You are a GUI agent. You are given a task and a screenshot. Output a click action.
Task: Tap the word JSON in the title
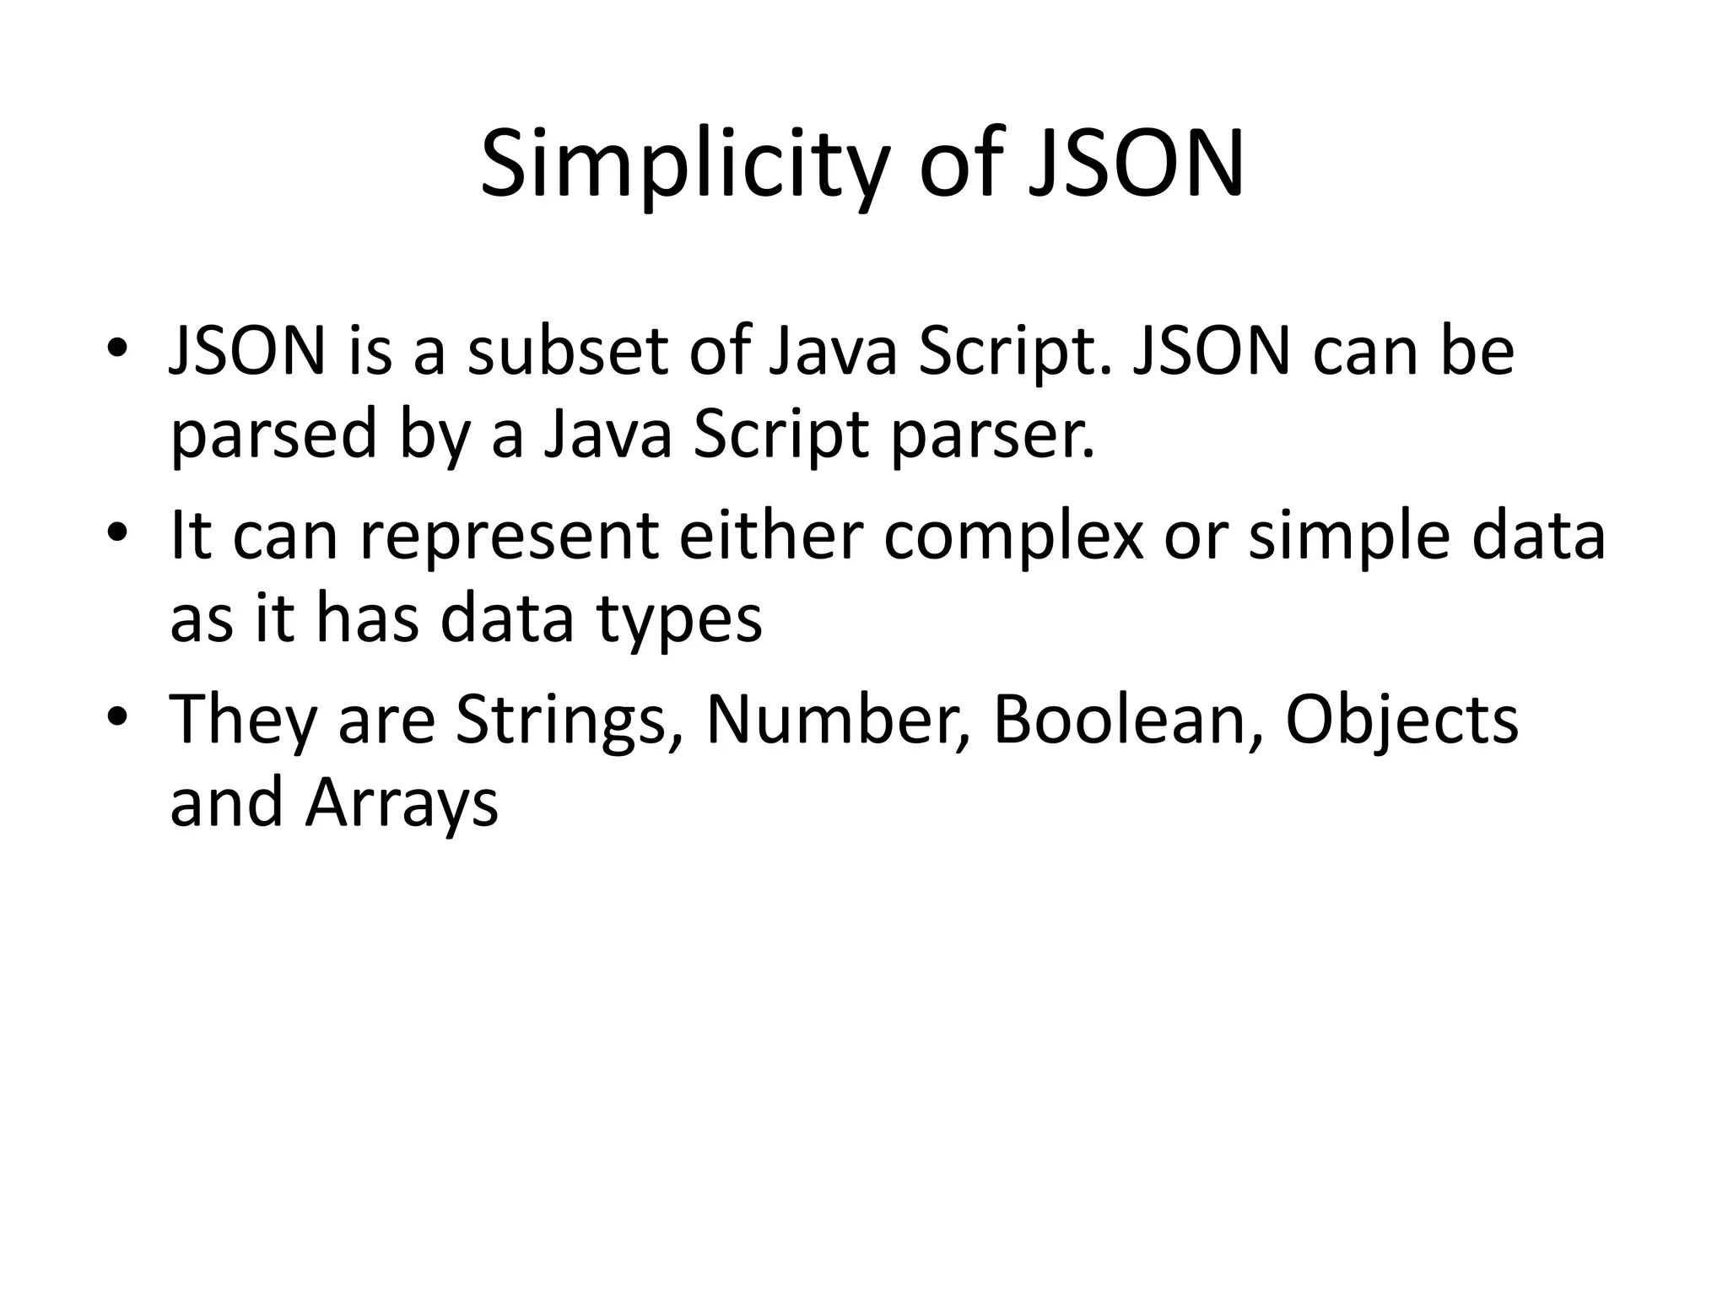tap(1136, 164)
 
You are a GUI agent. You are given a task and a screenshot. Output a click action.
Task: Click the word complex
tap(1013, 537)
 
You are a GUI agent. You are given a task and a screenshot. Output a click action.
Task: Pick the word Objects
tap(1401, 721)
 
